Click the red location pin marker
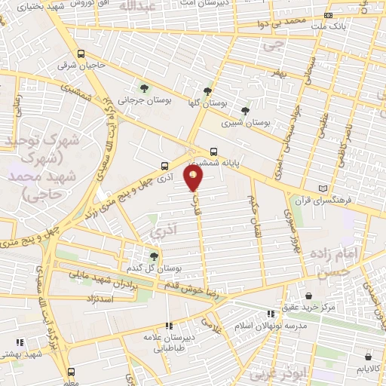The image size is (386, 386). [x=194, y=179]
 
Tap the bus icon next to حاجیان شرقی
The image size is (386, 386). [x=81, y=54]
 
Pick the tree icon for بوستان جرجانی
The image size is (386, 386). [x=144, y=90]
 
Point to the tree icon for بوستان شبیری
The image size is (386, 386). [x=244, y=110]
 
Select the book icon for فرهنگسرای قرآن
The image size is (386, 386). [x=324, y=188]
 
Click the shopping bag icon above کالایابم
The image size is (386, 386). [x=368, y=357]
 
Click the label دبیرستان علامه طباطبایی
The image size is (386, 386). [x=171, y=343]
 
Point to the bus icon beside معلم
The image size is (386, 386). [x=72, y=372]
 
